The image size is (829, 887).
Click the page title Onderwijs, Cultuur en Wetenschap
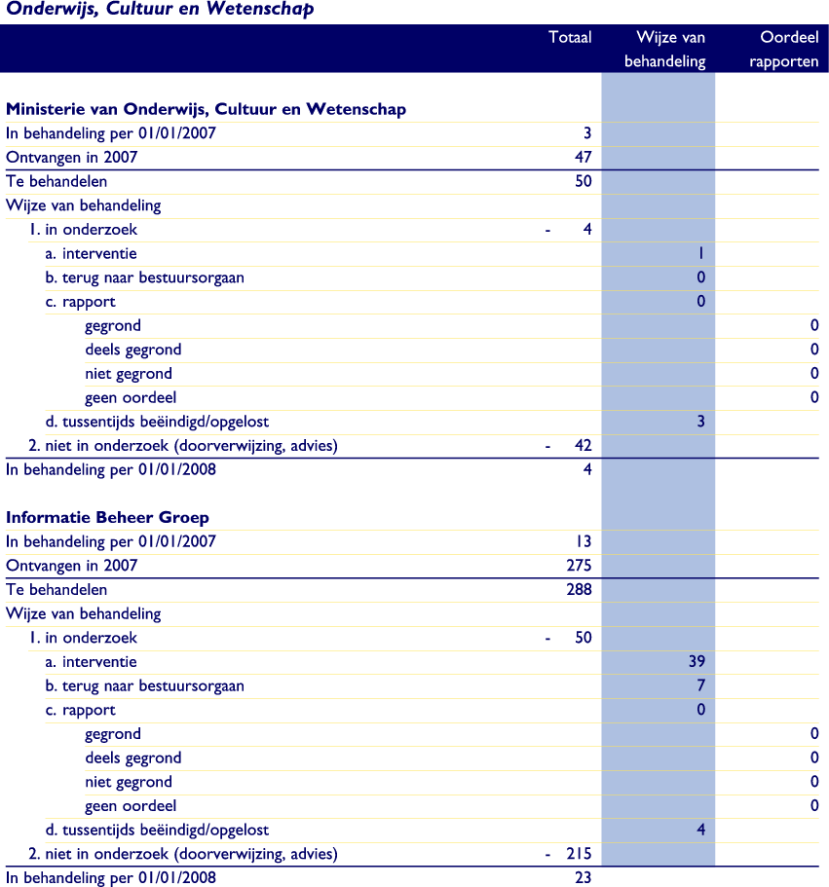coord(161,11)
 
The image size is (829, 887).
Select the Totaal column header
coord(570,38)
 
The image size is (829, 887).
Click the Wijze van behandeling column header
coord(670,50)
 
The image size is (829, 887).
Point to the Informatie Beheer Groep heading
coord(107,517)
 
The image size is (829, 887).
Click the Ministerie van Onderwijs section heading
coord(206,109)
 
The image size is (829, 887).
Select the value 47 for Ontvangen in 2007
coord(583,157)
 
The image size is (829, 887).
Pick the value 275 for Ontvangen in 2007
coord(579,565)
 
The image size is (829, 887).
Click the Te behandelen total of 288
coord(579,589)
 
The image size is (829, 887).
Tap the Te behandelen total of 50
coord(583,181)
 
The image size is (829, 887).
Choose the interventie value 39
coord(696,661)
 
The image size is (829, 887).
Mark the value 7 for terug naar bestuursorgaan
coord(699,685)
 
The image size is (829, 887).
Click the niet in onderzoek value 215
coord(579,854)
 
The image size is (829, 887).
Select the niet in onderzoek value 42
coord(583,446)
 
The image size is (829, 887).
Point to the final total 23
coord(583,877)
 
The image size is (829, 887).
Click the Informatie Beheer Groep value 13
coord(583,541)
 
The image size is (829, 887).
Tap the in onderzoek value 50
coord(583,638)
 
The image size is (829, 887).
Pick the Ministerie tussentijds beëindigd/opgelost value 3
coord(699,422)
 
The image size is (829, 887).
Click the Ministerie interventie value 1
coord(700,253)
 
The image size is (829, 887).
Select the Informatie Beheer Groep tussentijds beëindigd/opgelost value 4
coord(699,830)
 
